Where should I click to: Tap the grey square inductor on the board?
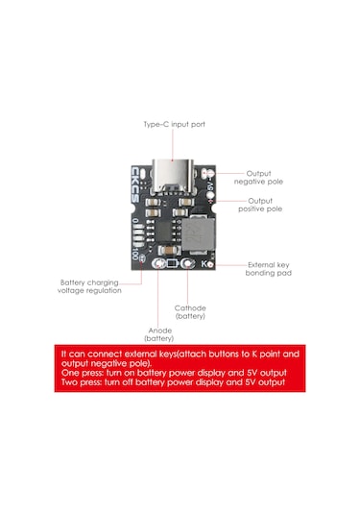[x=197, y=233]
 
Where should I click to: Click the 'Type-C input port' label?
[x=174, y=125]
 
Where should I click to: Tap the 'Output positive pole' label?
[x=265, y=204]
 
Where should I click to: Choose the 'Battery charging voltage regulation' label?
[x=90, y=286]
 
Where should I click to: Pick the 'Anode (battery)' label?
[x=158, y=334]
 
